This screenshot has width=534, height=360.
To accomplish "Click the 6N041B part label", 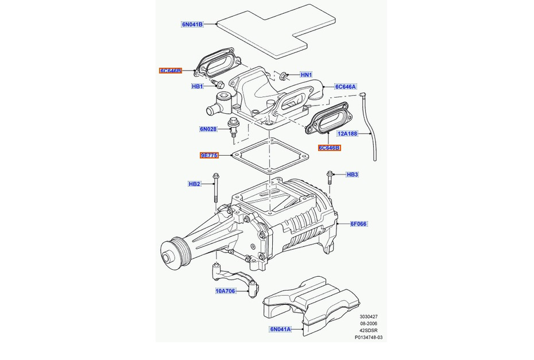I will (x=192, y=25).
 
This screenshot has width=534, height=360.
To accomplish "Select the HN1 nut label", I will (x=306, y=75).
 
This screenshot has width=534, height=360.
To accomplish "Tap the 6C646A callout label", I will (x=346, y=87).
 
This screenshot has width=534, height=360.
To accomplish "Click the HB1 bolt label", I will (x=197, y=87).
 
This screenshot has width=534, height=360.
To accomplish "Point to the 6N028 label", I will (x=208, y=129).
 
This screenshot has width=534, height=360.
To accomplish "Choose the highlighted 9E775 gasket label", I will (x=210, y=155).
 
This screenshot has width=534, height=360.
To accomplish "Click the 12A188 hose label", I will (x=347, y=133).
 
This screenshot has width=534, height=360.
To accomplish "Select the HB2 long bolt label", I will (x=194, y=184).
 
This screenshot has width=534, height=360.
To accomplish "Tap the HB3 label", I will (x=352, y=174).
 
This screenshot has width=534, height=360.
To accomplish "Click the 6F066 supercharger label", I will (x=358, y=223).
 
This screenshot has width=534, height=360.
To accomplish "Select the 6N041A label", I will (x=281, y=330).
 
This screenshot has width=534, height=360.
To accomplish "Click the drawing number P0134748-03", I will (x=367, y=338).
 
